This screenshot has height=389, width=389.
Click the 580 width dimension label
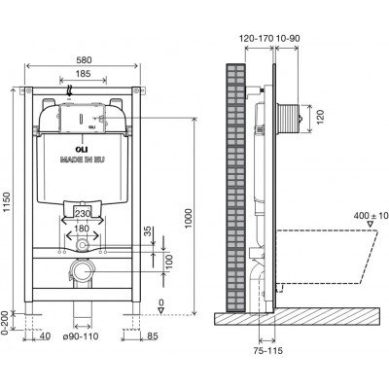point(84,60)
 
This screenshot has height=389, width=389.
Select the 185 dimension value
point(84,74)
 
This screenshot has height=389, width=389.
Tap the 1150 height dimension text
point(7,203)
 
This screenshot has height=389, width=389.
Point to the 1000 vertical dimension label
point(189,218)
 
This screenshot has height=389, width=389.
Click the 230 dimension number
point(82,214)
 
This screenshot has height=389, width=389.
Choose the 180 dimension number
point(82,229)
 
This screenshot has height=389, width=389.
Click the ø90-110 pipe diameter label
point(81,336)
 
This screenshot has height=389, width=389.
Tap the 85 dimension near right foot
point(153,336)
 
